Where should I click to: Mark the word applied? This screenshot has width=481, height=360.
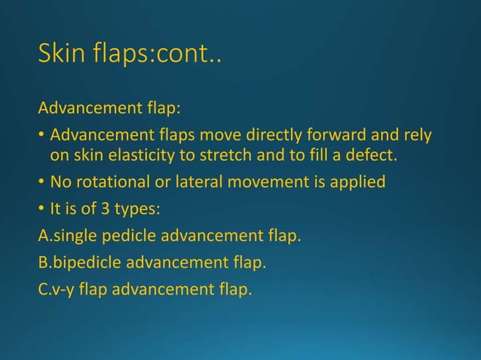tap(358, 182)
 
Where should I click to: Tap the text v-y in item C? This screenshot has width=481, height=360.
tap(62, 289)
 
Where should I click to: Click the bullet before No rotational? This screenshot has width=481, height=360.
tap(42, 182)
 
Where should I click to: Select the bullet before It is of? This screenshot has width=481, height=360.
tap(42, 209)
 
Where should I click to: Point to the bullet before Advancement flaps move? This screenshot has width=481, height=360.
tap(42, 136)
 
